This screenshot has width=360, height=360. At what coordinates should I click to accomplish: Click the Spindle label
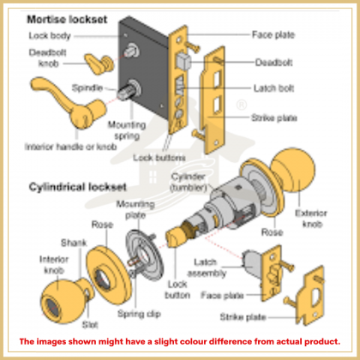tap(87, 87)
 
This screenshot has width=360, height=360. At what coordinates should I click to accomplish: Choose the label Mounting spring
tap(126, 129)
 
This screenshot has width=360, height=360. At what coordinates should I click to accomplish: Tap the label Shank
tap(71, 242)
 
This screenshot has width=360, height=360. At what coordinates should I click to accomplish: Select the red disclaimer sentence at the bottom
tap(180, 340)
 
